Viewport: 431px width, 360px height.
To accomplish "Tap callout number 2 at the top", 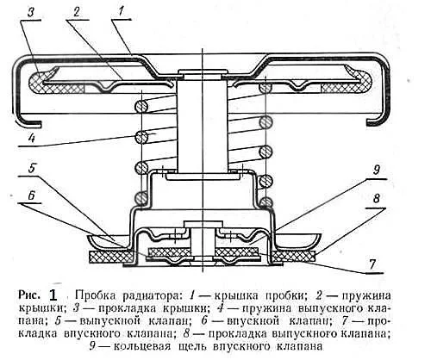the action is (x=78, y=11).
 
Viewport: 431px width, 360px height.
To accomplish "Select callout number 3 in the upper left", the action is (x=31, y=12).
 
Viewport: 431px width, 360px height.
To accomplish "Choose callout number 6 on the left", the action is (x=32, y=196).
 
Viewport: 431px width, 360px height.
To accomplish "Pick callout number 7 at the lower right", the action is (x=372, y=264).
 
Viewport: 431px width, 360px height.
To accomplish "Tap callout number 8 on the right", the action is (x=377, y=199).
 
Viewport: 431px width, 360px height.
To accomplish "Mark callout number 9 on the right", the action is (x=377, y=170).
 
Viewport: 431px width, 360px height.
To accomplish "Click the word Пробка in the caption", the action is (x=95, y=295).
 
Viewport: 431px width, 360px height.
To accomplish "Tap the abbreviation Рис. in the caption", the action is (x=29, y=295).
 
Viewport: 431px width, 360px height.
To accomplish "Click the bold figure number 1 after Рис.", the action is (x=53, y=295).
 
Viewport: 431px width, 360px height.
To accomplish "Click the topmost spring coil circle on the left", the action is (x=141, y=107).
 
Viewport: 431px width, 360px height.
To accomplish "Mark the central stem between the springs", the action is (x=203, y=127).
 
